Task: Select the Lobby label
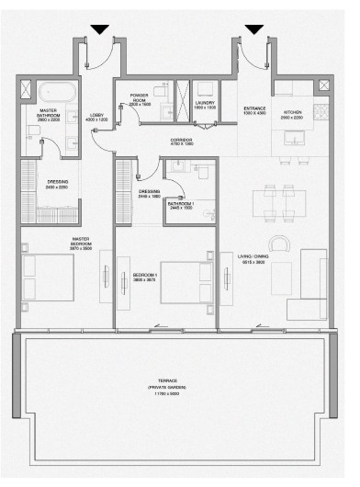[96, 118]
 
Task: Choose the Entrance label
[254, 111]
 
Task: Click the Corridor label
[182, 142]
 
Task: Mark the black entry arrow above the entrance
[254, 30]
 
